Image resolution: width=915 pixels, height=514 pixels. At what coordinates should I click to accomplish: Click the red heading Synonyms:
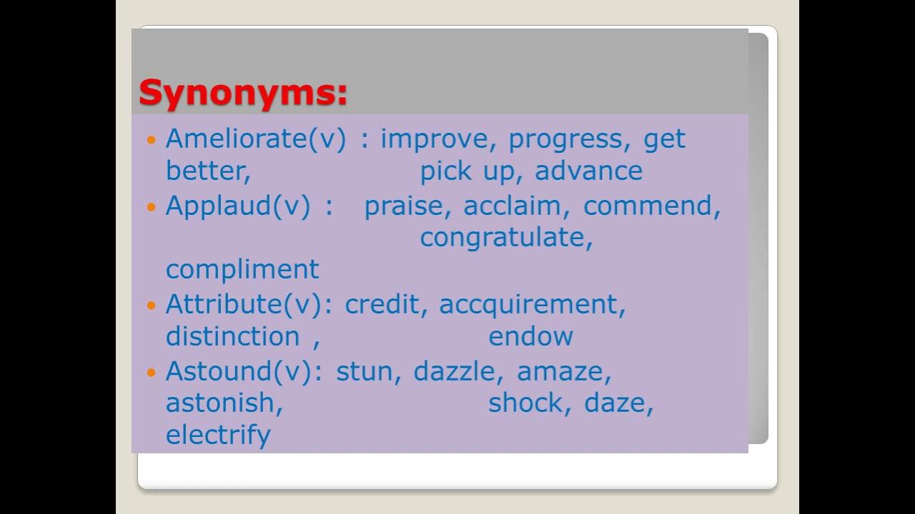[x=243, y=94]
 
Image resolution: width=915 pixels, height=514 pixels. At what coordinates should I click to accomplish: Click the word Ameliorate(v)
[x=255, y=138]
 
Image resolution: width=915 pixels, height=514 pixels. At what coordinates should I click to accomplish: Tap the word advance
[x=588, y=171]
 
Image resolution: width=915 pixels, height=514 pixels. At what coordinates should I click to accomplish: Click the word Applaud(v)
[x=238, y=206]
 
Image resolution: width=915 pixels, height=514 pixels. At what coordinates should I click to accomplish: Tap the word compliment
[x=242, y=269]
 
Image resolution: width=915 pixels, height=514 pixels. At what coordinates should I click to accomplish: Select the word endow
[x=530, y=336]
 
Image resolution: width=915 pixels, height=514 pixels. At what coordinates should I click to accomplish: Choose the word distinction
[x=232, y=336]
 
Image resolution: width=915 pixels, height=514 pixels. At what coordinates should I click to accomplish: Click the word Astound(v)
[x=239, y=371]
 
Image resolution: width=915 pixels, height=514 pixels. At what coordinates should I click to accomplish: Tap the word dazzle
[x=454, y=371]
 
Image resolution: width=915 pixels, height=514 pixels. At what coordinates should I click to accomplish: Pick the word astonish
[x=224, y=403]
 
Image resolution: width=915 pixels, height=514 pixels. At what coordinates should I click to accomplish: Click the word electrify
[x=218, y=435]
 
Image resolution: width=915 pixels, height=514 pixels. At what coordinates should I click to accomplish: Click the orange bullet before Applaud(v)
[x=150, y=207]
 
